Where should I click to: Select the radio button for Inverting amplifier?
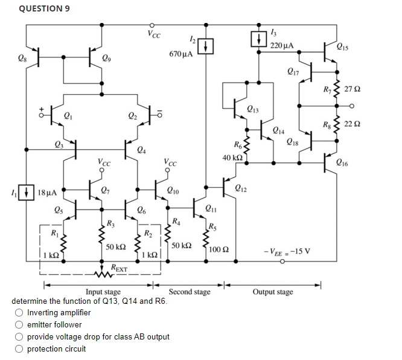20,312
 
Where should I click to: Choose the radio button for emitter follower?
20,324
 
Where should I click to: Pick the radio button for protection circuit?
20,349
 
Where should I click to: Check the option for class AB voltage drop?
20,336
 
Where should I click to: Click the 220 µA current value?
282,45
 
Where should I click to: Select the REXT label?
119,267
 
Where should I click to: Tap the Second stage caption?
190,292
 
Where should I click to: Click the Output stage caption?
273,292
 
